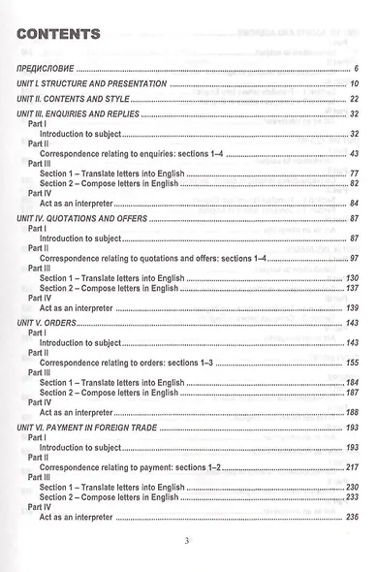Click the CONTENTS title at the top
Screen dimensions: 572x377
click(x=59, y=35)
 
